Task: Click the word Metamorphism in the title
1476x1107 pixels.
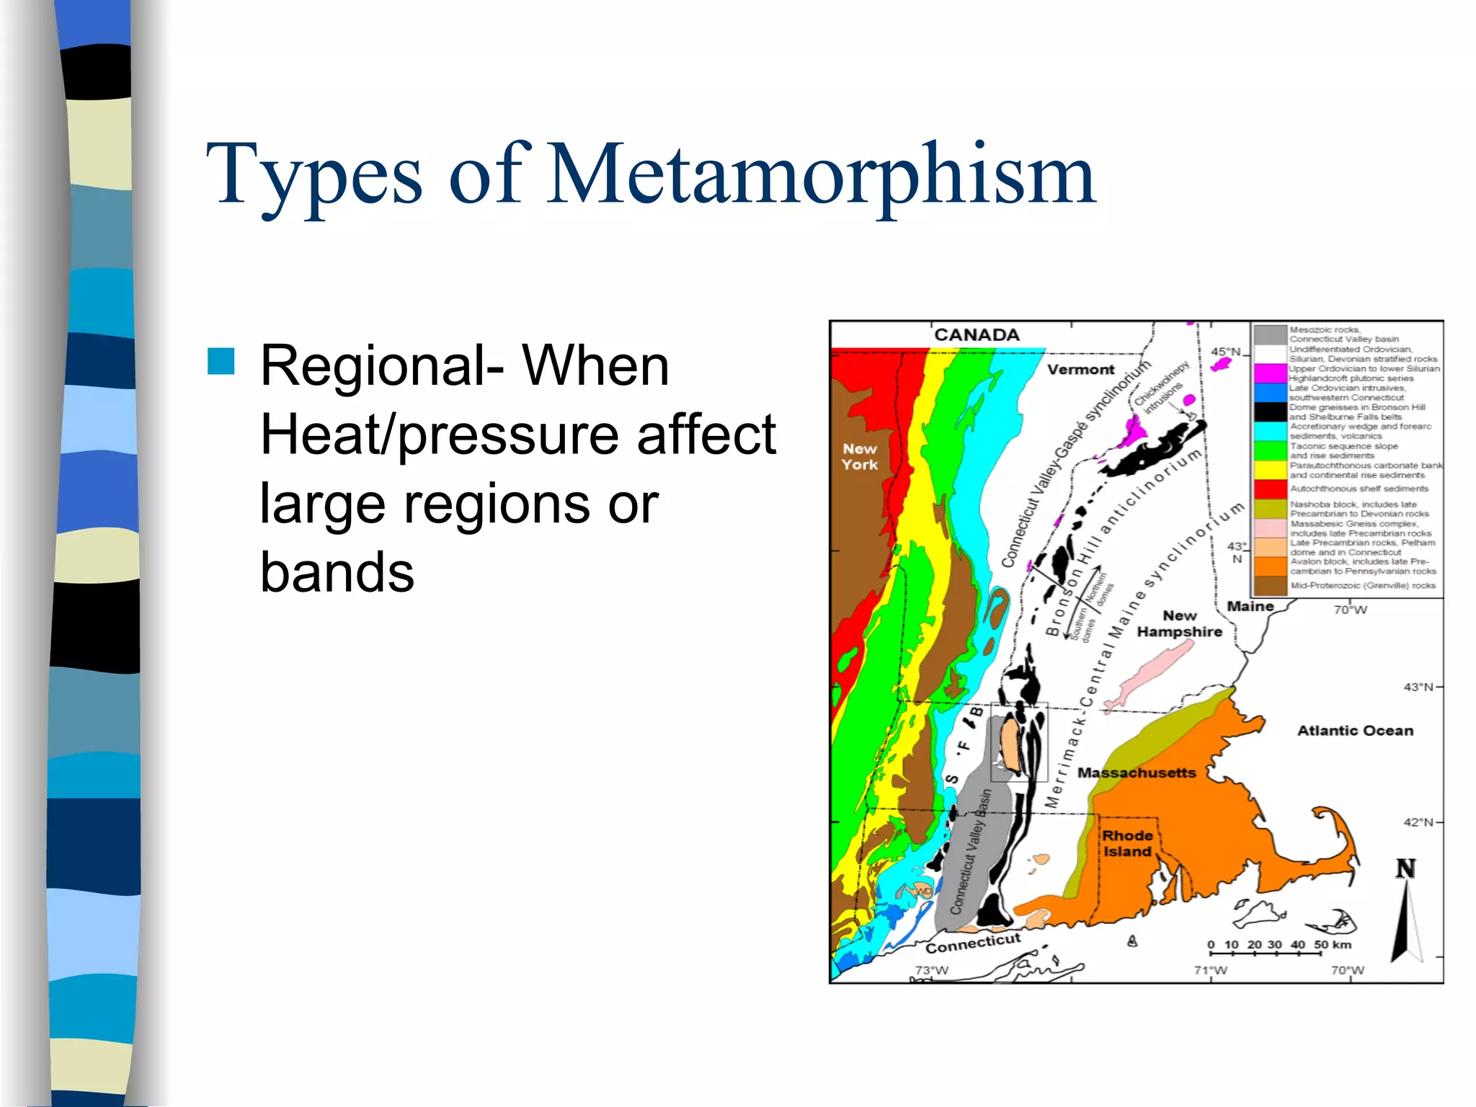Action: [x=822, y=174]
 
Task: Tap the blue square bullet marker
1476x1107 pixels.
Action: [x=221, y=362]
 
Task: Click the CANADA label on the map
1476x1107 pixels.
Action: [x=977, y=335]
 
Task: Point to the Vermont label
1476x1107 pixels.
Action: [x=1080, y=370]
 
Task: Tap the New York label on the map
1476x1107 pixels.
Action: [x=860, y=457]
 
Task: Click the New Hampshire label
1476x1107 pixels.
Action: [x=1180, y=623]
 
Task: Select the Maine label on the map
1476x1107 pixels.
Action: [x=1250, y=607]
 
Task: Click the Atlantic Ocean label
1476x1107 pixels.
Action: [x=1355, y=731]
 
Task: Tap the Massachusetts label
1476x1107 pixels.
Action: [x=1137, y=773]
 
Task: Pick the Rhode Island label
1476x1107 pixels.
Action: [x=1127, y=843]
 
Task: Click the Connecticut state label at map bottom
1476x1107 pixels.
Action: [x=973, y=943]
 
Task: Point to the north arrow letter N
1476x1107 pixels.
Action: [x=1405, y=869]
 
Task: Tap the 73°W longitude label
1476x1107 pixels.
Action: [x=931, y=970]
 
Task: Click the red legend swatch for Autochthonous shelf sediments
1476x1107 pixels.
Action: [x=1270, y=489]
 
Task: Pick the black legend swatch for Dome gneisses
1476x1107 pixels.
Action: [x=1270, y=412]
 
